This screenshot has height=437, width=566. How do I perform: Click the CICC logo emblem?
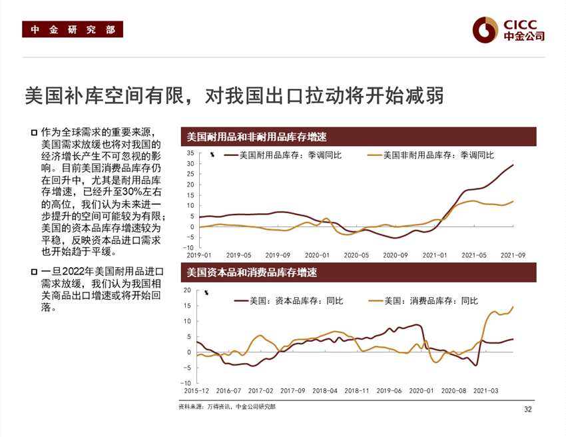[x=485, y=29]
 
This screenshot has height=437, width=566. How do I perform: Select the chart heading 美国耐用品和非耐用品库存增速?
[x=256, y=137]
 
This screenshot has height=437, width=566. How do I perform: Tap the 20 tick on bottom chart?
[x=187, y=290]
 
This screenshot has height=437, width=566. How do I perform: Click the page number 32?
[x=528, y=409]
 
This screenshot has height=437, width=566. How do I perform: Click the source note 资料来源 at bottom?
[x=226, y=406]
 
